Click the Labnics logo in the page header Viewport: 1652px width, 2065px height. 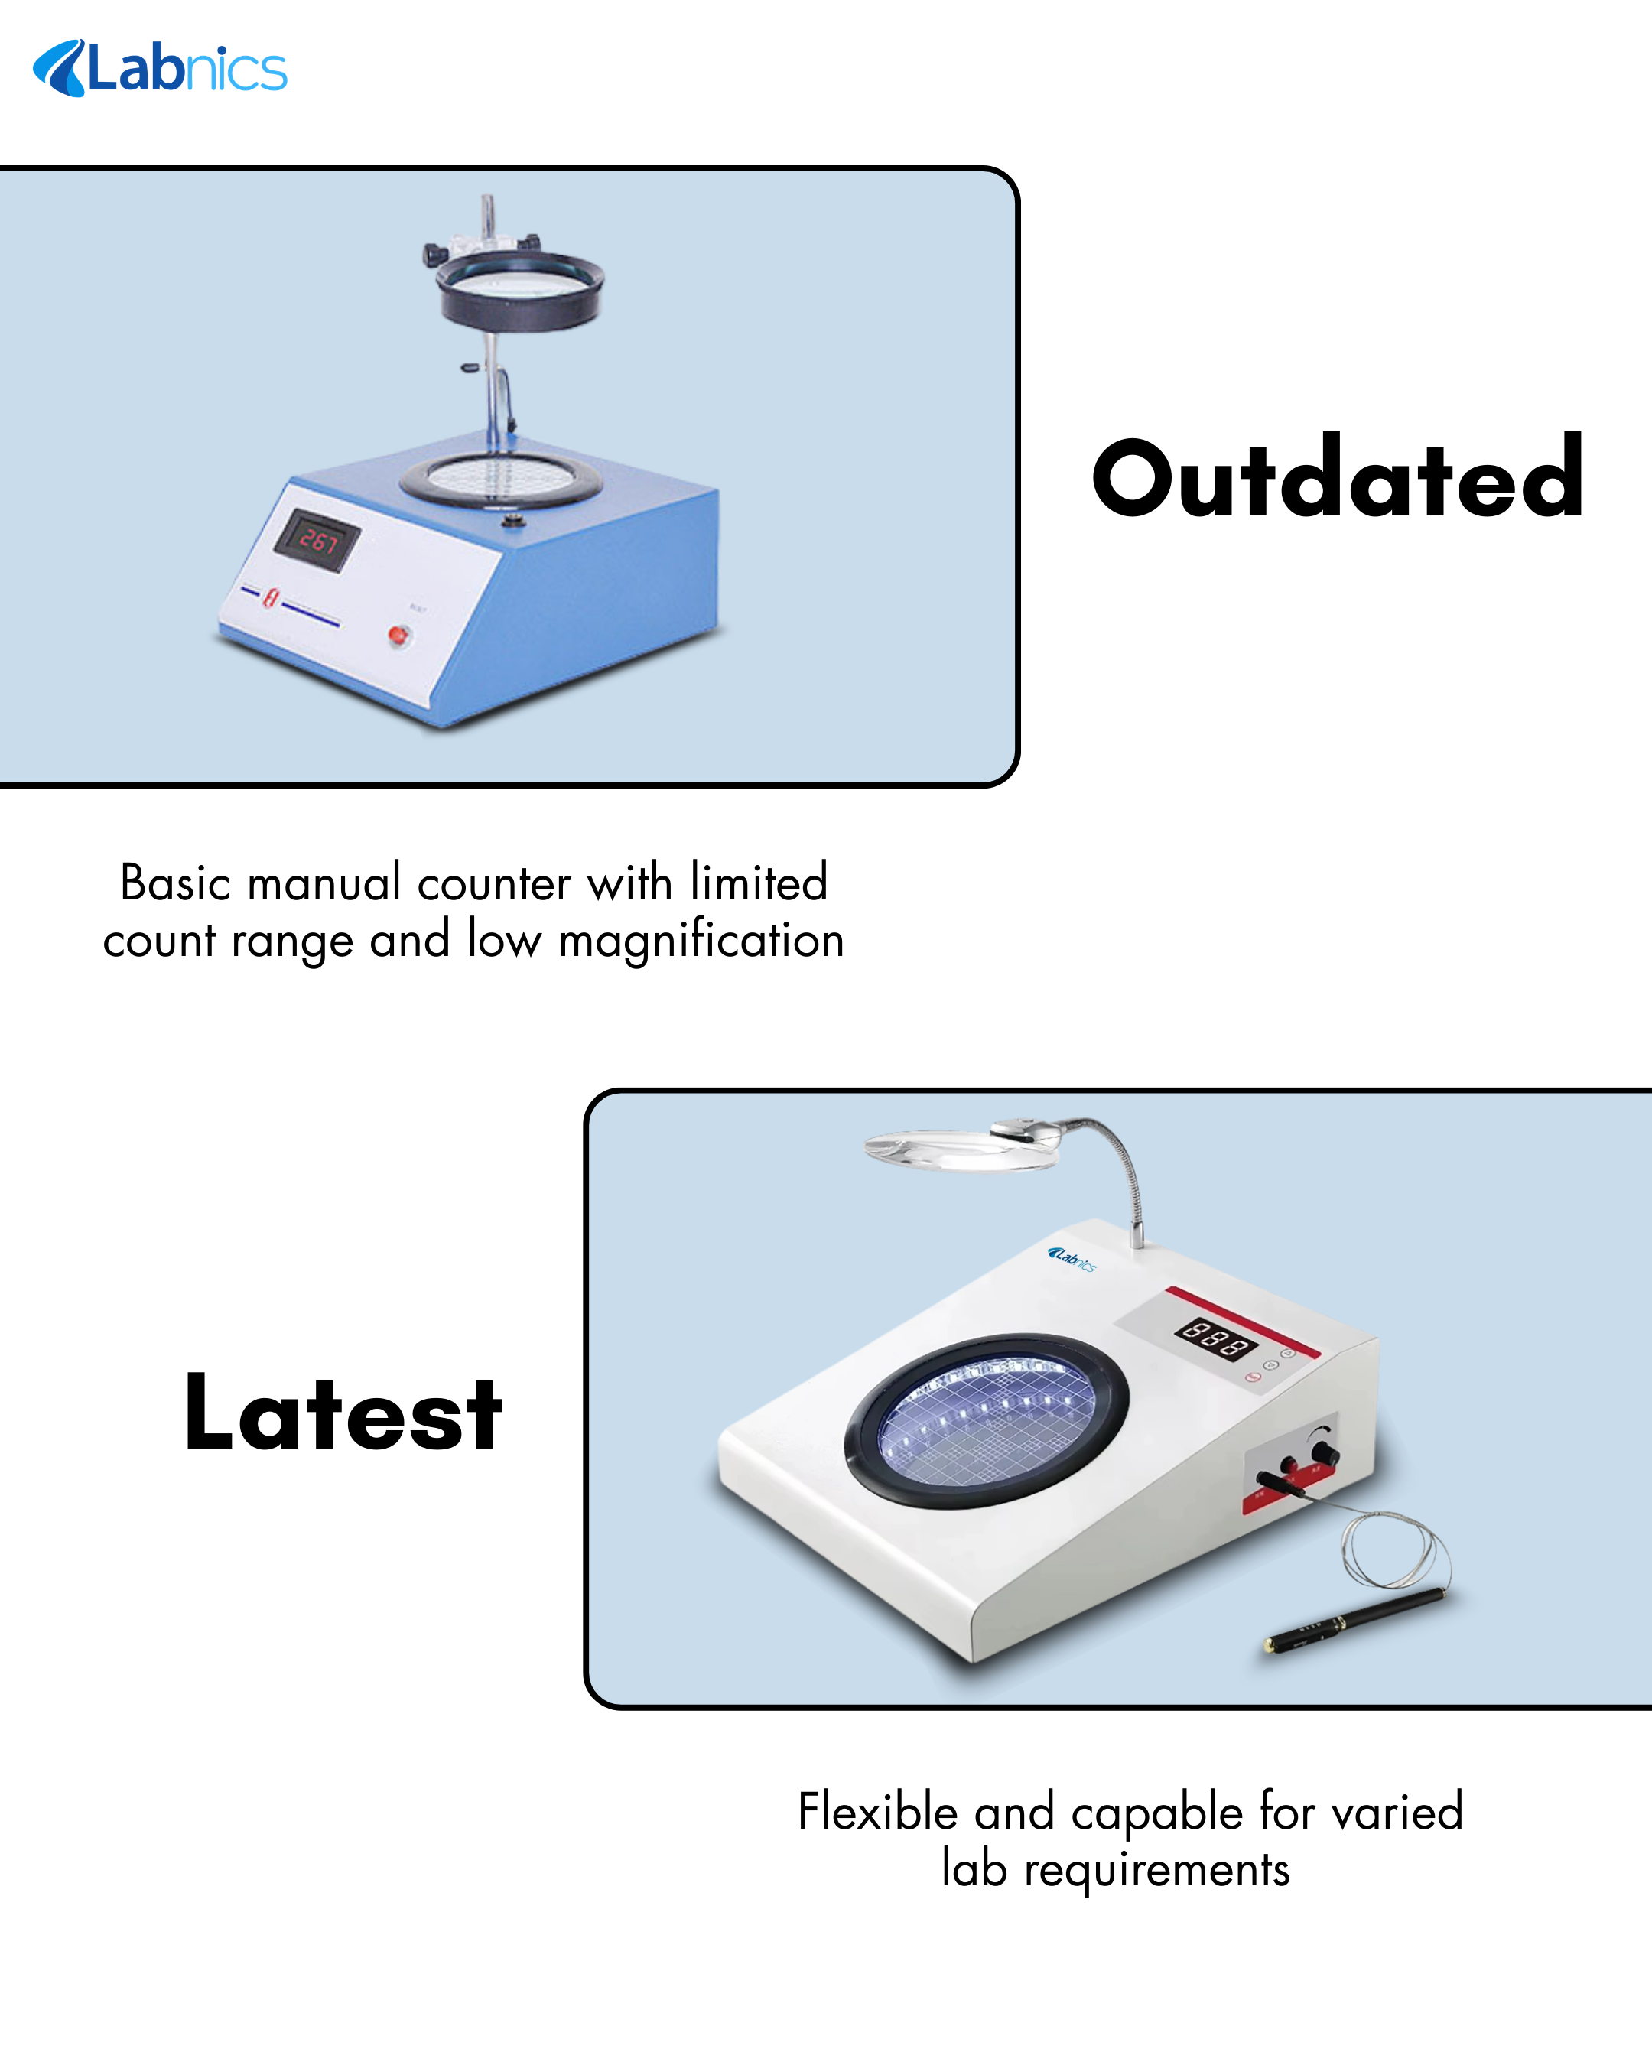[x=160, y=68]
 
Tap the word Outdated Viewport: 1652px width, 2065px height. [x=1337, y=476]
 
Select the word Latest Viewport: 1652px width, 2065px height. [x=343, y=1412]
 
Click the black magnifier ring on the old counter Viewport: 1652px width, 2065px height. [x=520, y=292]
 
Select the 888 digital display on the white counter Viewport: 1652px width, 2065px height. [x=1216, y=1338]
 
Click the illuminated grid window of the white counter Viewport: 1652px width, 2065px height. [x=987, y=1420]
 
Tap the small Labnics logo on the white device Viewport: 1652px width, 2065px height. [x=1072, y=1259]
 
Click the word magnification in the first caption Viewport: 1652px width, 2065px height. [x=701, y=941]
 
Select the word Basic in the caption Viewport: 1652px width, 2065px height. [x=175, y=882]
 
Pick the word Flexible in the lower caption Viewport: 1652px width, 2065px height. [x=878, y=1811]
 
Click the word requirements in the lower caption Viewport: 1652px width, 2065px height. [x=1157, y=1871]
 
